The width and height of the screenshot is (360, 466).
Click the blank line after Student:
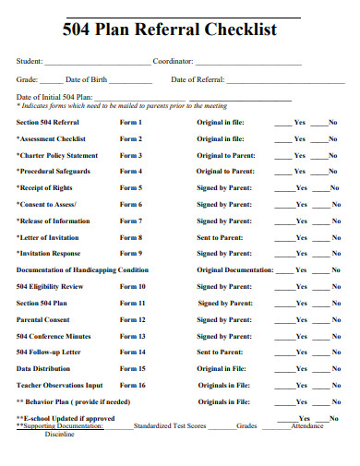click(x=96, y=63)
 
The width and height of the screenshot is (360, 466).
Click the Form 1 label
click(x=131, y=122)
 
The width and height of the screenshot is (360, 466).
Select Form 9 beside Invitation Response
click(x=131, y=253)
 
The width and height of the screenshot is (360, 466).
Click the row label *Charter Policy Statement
click(x=57, y=155)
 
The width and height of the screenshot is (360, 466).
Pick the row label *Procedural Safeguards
click(x=54, y=171)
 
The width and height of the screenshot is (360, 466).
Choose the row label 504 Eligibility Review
click(x=50, y=286)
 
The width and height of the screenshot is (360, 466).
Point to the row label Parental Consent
click(x=42, y=319)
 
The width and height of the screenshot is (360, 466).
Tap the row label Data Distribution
click(x=43, y=368)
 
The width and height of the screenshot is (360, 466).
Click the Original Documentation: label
click(x=234, y=269)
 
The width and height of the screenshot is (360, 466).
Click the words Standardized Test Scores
click(x=170, y=426)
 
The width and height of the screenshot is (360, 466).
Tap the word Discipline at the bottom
click(x=59, y=434)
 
